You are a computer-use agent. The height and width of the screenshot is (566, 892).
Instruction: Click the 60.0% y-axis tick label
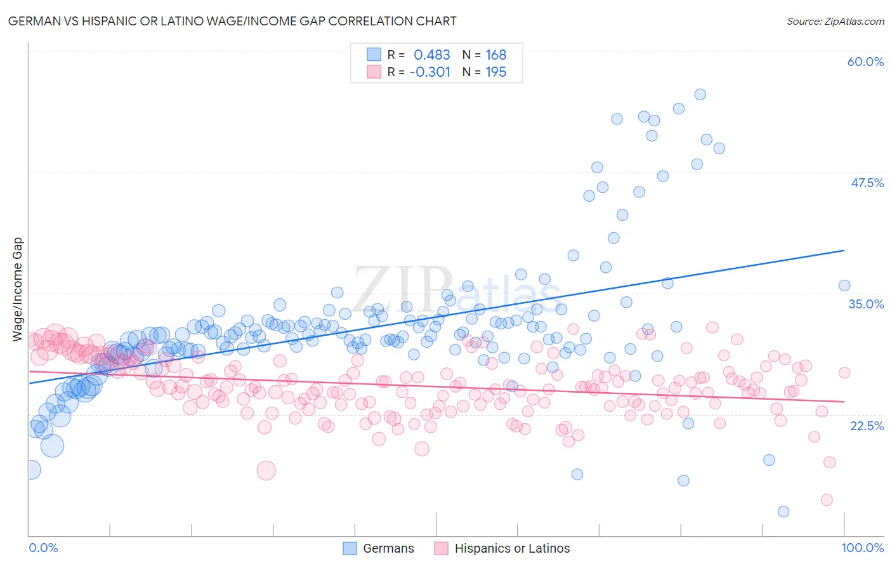pos(865,62)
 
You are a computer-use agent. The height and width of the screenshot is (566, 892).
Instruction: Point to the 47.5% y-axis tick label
pos(867,183)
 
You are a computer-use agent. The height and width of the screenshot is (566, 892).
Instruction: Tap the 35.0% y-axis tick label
pos(866,304)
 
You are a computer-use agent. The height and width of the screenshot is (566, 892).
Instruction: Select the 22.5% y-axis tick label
pos(867,426)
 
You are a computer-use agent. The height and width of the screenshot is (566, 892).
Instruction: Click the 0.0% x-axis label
pos(43,548)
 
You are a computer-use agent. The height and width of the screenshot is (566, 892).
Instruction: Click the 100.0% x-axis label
pos(862,548)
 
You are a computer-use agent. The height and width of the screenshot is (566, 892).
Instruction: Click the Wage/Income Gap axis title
pos(18,289)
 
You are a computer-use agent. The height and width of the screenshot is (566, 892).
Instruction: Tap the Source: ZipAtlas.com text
pos(835,21)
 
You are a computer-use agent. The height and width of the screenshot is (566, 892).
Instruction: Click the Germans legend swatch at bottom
pos(350,548)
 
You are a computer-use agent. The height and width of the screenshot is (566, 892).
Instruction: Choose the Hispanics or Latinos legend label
pos(512,548)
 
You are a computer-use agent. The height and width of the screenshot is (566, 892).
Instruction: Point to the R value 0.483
pos(431,55)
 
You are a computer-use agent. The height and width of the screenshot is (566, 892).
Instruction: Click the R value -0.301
pos(430,72)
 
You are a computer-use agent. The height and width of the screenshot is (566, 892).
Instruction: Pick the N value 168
pos(495,55)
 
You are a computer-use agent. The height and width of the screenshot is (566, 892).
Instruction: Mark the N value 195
pos(495,72)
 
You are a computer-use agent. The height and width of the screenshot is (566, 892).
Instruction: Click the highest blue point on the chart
pos(700,95)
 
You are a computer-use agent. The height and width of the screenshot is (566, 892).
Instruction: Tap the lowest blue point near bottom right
pos(783,511)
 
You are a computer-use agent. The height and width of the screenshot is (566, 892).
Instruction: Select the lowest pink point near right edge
pos(827,500)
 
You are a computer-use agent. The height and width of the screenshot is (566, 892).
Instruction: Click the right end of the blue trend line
pos(844,251)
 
